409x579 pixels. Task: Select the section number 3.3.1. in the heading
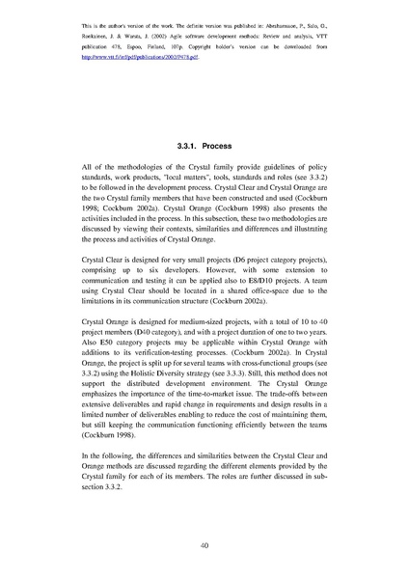point(190,147)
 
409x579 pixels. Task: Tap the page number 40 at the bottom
point(204,546)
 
